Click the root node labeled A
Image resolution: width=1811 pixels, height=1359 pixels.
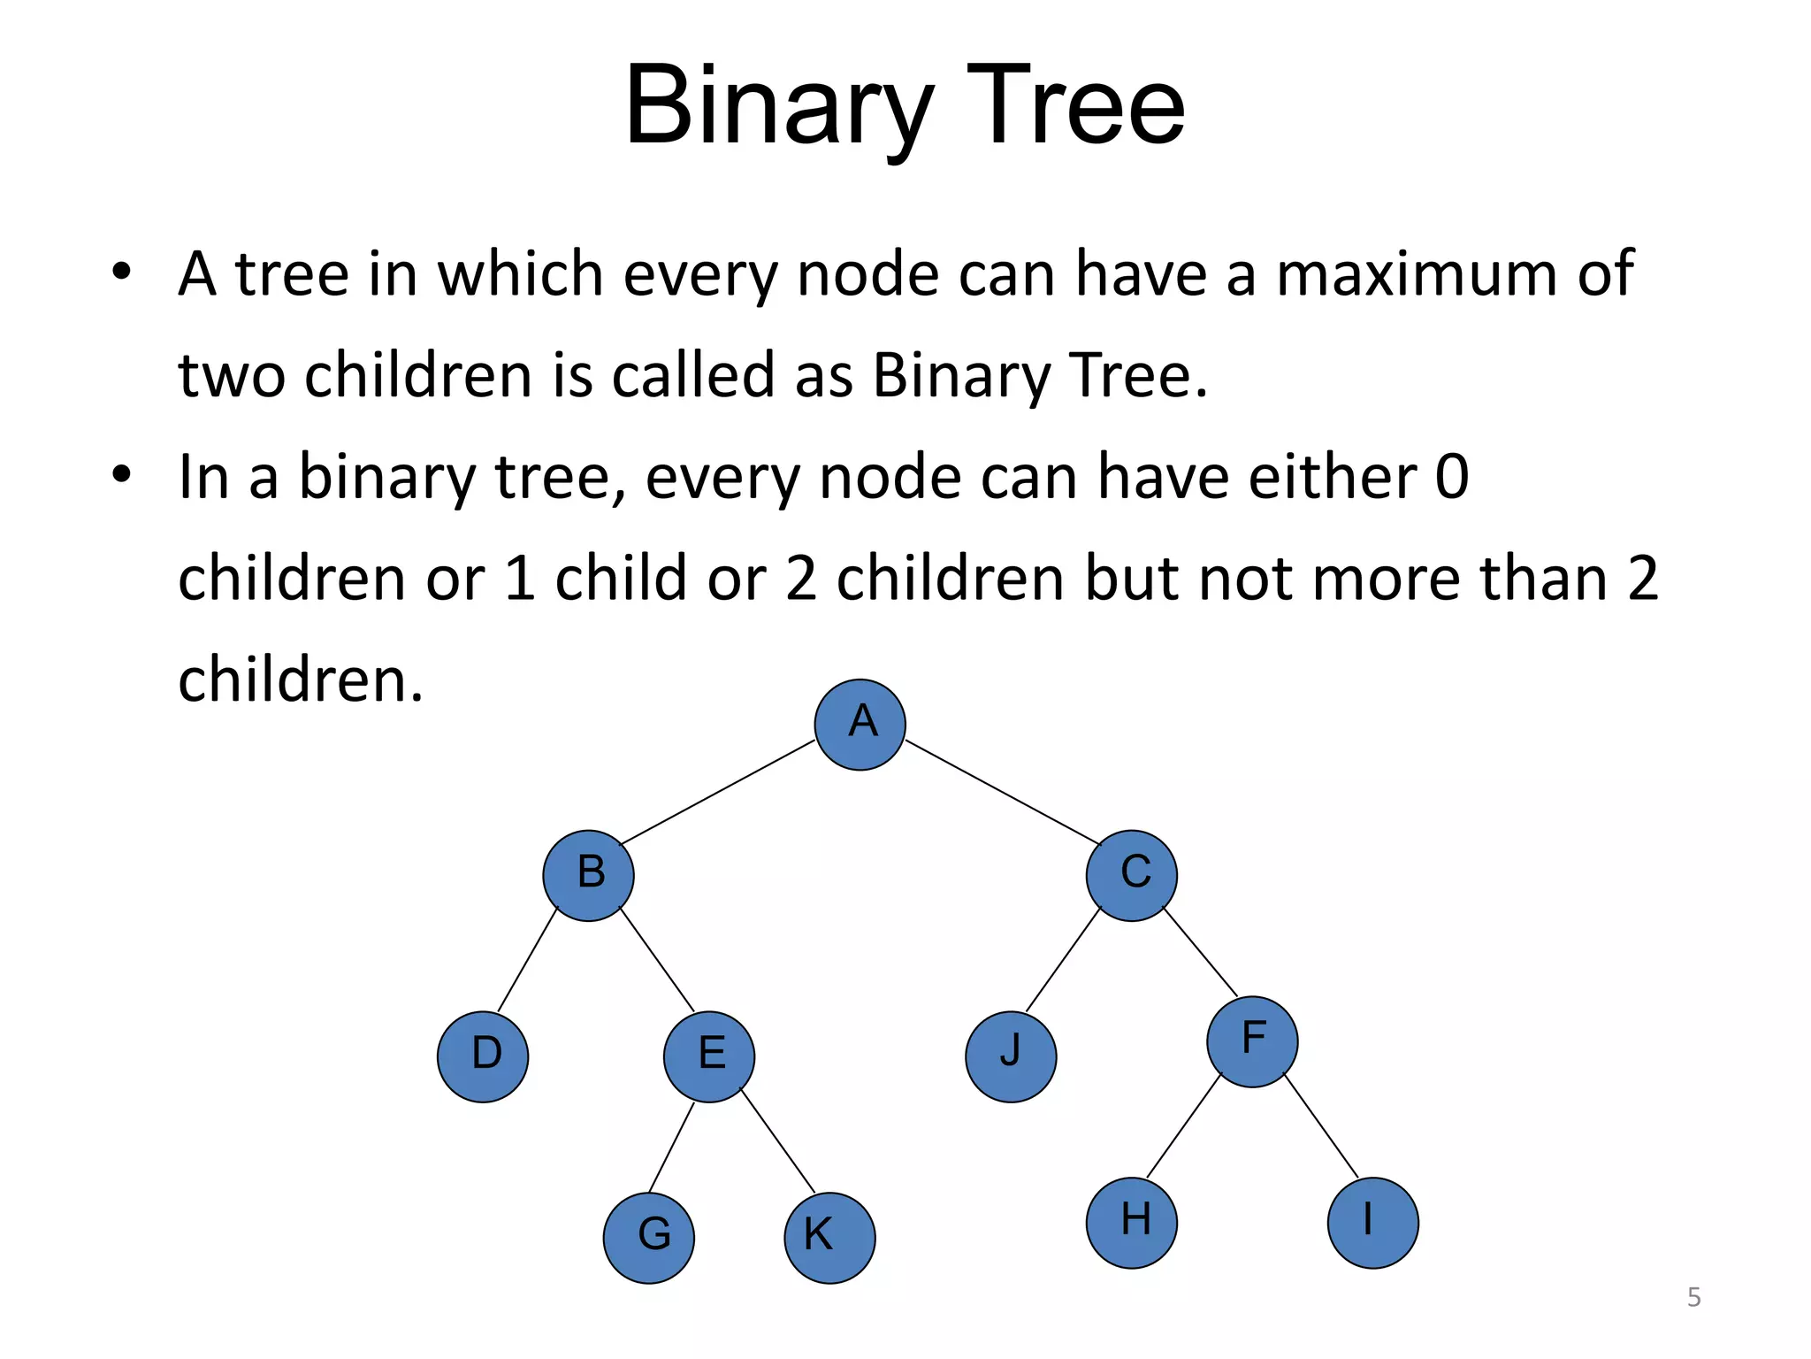pos(860,725)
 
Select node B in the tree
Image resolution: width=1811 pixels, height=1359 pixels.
pos(588,875)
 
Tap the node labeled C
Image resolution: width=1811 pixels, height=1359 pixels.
pos(1132,875)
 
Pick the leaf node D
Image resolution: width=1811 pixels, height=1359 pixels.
pos(483,1056)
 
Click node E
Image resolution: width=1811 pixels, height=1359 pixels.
pos(709,1056)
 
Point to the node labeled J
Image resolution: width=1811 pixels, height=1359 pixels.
pos(1011,1056)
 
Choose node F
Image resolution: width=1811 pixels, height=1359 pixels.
pos(1252,1041)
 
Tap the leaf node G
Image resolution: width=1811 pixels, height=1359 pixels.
pos(649,1238)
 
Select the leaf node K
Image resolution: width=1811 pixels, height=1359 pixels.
pos(829,1238)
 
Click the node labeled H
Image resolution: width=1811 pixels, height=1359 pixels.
pos(1132,1223)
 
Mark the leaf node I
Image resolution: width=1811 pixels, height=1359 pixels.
pos(1372,1223)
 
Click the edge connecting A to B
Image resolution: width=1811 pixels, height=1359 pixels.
pos(717,793)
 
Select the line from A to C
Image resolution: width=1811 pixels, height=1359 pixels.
pos(1003,793)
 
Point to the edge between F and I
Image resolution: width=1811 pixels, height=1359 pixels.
pos(1320,1125)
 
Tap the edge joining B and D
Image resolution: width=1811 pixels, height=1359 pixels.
pos(528,960)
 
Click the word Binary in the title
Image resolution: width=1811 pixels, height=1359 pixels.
pos(778,108)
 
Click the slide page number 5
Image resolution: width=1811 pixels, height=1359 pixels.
pos(1693,1297)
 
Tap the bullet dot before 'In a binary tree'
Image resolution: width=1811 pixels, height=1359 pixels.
pos(122,473)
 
